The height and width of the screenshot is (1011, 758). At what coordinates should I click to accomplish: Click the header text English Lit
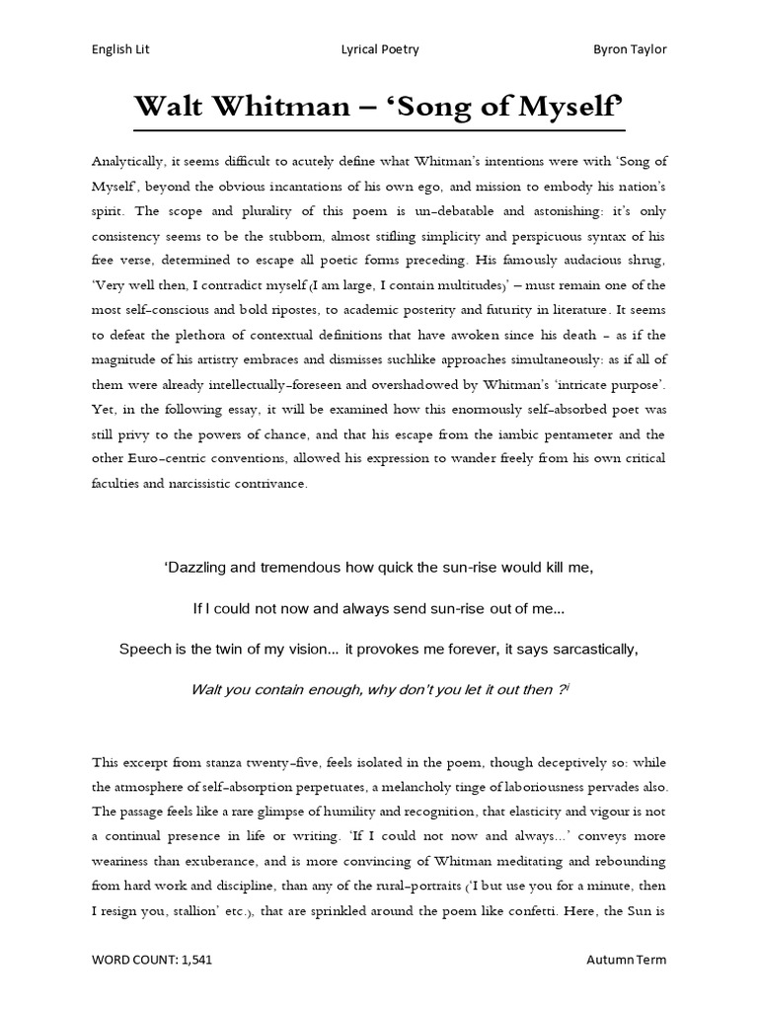click(120, 49)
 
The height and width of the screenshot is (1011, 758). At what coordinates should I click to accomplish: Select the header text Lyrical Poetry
click(380, 49)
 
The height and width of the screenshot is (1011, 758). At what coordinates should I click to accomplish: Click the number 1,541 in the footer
click(201, 986)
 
